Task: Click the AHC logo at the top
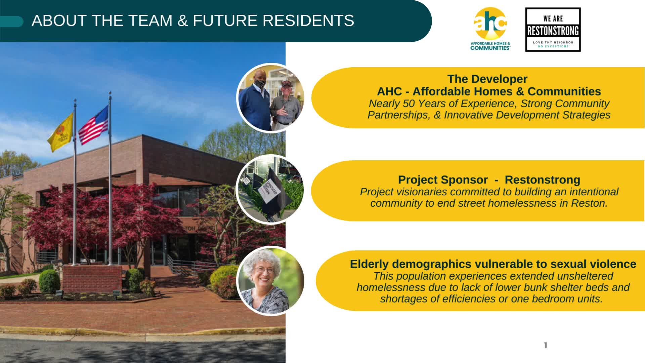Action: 490,29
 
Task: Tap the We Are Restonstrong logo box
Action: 553,30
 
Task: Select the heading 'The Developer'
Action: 487,79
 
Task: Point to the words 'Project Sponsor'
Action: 443,180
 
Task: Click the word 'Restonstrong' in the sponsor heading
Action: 543,180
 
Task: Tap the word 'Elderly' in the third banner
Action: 369,264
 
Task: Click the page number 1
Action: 546,345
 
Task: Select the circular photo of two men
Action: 270,98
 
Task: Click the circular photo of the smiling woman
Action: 270,281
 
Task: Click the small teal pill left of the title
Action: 12,22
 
